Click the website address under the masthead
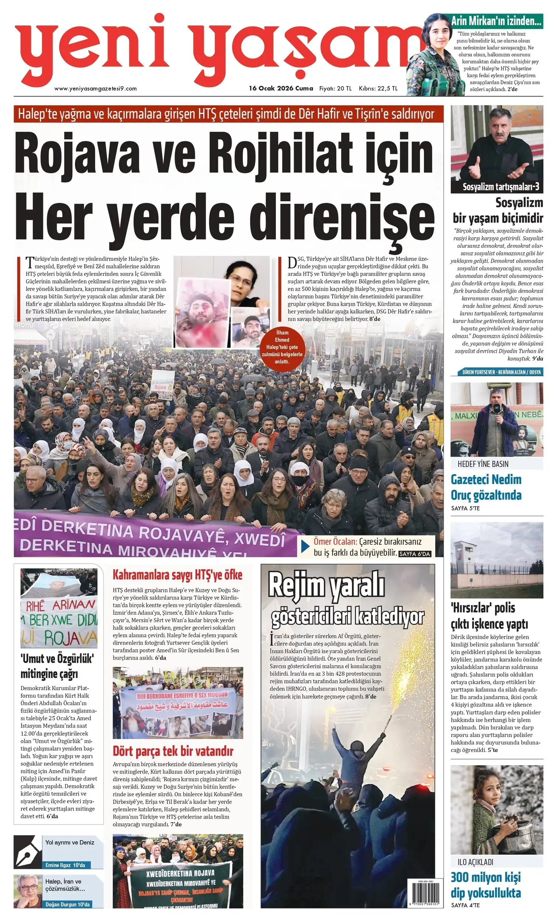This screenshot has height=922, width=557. click(96, 89)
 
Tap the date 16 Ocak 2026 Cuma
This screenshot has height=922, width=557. click(281, 88)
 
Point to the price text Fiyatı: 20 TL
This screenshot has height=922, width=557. click(335, 88)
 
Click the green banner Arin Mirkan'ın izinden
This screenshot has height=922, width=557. click(496, 21)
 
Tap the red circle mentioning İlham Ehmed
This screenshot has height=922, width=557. click(282, 347)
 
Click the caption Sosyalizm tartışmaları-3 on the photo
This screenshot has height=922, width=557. click(501, 187)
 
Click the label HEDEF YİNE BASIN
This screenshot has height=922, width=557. click(483, 464)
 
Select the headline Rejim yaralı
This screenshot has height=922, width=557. click(326, 586)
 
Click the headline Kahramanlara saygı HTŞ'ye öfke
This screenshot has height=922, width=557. click(177, 575)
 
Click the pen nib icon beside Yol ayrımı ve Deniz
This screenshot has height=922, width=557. click(27, 852)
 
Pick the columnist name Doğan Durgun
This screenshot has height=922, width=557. click(68, 904)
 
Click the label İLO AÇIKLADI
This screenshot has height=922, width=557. click(475, 862)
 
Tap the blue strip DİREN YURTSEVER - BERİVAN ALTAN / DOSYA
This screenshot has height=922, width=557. click(500, 372)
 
